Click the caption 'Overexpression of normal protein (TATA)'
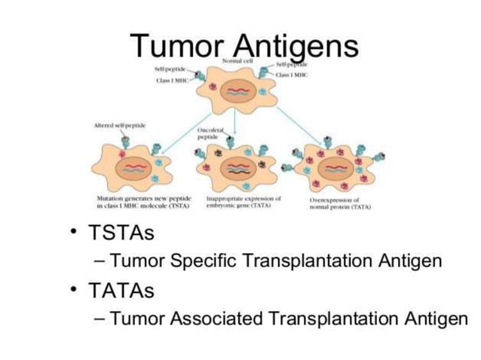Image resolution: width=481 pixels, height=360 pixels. [x=335, y=203]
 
